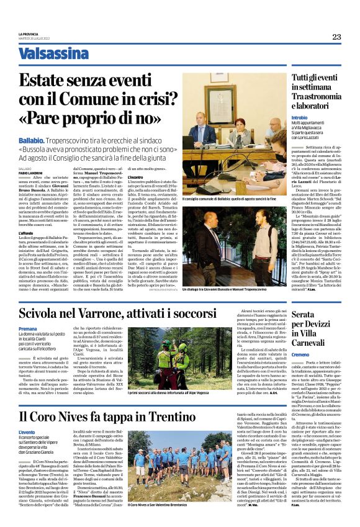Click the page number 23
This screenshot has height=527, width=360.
point(336,37)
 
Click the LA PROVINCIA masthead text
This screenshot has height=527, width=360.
point(29,34)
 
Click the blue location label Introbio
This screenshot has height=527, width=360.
point(299,117)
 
